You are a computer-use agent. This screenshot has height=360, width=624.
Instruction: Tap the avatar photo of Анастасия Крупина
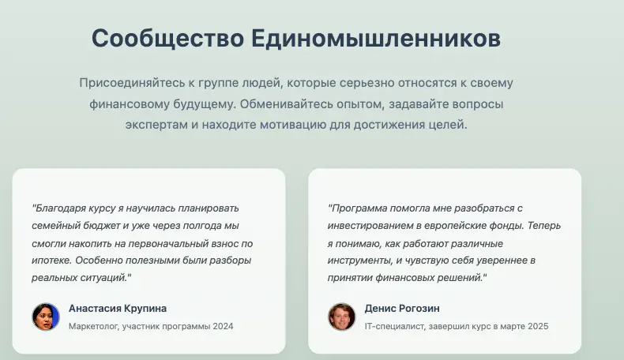click(x=46, y=317)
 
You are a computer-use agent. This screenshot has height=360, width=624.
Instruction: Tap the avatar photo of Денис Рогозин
click(x=342, y=317)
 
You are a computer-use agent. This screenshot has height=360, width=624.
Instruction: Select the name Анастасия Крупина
click(x=118, y=309)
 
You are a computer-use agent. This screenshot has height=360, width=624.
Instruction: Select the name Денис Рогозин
click(x=402, y=309)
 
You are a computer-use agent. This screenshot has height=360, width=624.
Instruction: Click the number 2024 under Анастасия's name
click(x=222, y=326)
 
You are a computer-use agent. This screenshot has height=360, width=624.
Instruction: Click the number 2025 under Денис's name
click(x=537, y=326)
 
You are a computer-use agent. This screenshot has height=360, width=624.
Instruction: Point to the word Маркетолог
click(x=93, y=326)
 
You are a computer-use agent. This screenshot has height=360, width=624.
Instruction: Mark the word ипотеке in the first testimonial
click(x=50, y=261)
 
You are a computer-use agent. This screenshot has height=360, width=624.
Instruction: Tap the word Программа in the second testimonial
click(x=357, y=208)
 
